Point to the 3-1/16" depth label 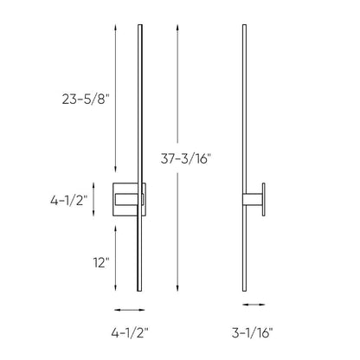click(259, 331)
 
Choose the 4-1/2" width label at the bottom click(131, 331)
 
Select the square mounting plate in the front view click(129, 200)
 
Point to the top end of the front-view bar click(139, 22)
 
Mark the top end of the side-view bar click(242, 22)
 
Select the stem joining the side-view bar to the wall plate click(252, 200)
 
